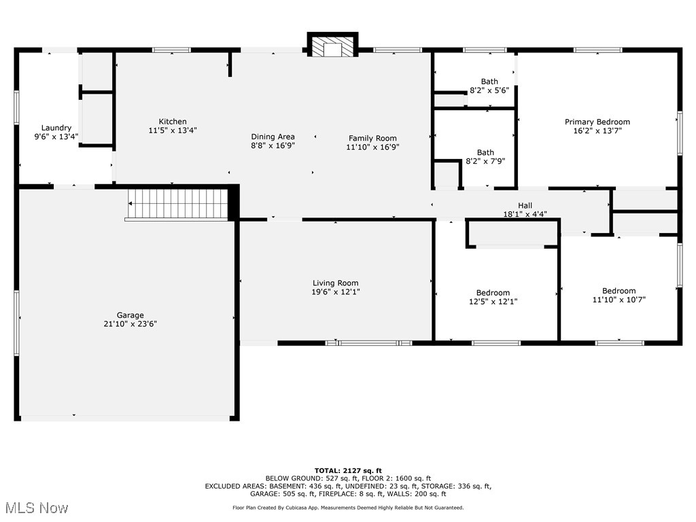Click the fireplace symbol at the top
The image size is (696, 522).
pyautogui.click(x=332, y=46)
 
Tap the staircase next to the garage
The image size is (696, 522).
pyautogui.click(x=178, y=203)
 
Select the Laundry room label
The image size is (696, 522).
pyautogui.click(x=56, y=128)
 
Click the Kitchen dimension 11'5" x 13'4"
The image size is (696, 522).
pyautogui.click(x=173, y=130)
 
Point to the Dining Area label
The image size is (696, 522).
pyautogui.click(x=273, y=137)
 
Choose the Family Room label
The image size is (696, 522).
pyautogui.click(x=372, y=138)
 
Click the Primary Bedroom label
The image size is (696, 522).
pyautogui.click(x=597, y=122)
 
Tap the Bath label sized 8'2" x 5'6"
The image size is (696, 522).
pyautogui.click(x=489, y=82)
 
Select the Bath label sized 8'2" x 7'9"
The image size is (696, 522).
pyautogui.click(x=485, y=152)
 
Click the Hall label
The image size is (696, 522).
pyautogui.click(x=525, y=205)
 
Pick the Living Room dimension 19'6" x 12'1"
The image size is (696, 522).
pyautogui.click(x=335, y=292)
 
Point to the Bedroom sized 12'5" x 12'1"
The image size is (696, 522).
pyautogui.click(x=493, y=297)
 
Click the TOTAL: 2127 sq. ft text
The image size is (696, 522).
pyautogui.click(x=347, y=470)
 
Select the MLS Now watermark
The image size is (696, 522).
pyautogui.click(x=35, y=508)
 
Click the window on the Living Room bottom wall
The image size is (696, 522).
pyautogui.click(x=368, y=343)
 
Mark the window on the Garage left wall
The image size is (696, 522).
pyautogui.click(x=16, y=323)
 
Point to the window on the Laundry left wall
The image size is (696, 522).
pyautogui.click(x=16, y=107)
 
